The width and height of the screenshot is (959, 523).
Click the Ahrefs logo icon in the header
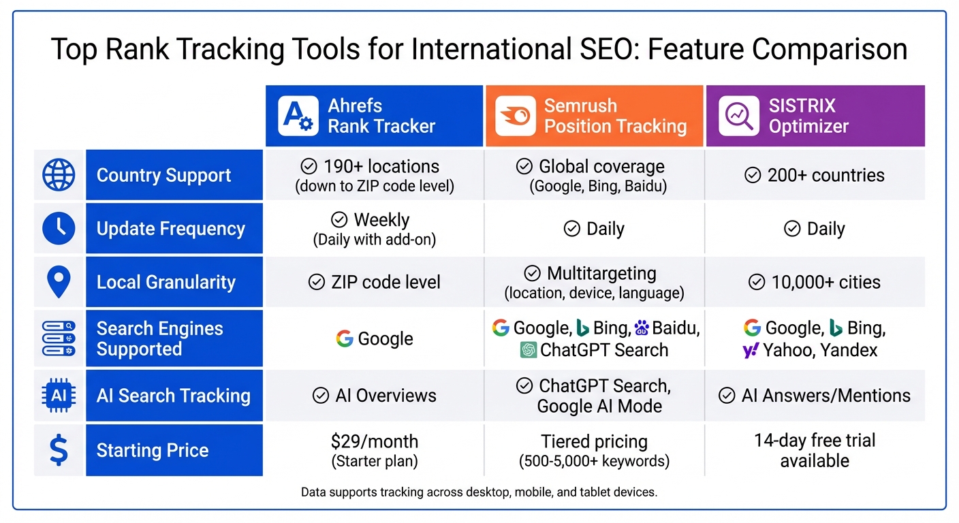(x=298, y=116)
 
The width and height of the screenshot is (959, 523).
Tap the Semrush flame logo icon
(x=516, y=116)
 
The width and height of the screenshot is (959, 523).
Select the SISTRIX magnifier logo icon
(x=739, y=116)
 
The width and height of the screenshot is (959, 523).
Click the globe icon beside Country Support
(x=59, y=175)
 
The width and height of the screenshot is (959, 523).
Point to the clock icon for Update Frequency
(x=59, y=228)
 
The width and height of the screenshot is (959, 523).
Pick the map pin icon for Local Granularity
(x=59, y=282)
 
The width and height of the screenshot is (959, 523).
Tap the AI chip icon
(x=59, y=396)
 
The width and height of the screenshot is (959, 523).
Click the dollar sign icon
(x=59, y=450)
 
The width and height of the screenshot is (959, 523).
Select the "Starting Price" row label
(x=152, y=450)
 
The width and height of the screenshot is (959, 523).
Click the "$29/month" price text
(x=374, y=441)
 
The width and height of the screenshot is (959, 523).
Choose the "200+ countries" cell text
(x=826, y=175)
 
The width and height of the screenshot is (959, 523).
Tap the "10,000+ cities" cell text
(x=826, y=282)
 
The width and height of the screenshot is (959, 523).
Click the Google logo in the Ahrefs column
(x=345, y=338)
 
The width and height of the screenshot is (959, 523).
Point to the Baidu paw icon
(x=641, y=328)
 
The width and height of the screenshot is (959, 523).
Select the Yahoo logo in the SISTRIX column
(x=751, y=351)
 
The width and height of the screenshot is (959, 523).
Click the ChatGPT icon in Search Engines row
(x=529, y=350)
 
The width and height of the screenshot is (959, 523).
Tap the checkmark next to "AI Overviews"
(x=321, y=396)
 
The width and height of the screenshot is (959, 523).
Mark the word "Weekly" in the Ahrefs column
(x=381, y=220)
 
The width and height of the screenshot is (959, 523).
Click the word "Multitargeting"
(x=601, y=273)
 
